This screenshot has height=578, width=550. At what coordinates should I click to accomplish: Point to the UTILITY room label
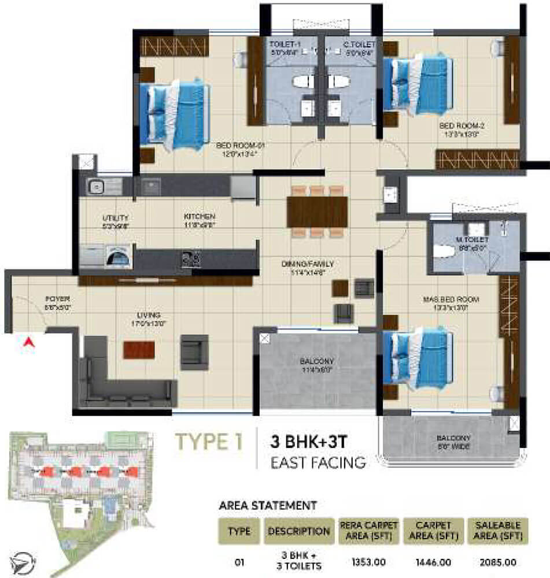(x=113, y=217)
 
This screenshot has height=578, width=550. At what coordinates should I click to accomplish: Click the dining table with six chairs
(x=317, y=212)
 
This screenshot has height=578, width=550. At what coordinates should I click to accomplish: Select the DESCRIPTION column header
(x=298, y=531)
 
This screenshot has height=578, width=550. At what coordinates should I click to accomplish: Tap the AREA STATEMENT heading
(x=267, y=505)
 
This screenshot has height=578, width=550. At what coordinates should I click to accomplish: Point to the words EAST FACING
(x=318, y=462)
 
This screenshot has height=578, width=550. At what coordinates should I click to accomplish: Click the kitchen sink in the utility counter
(x=96, y=186)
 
